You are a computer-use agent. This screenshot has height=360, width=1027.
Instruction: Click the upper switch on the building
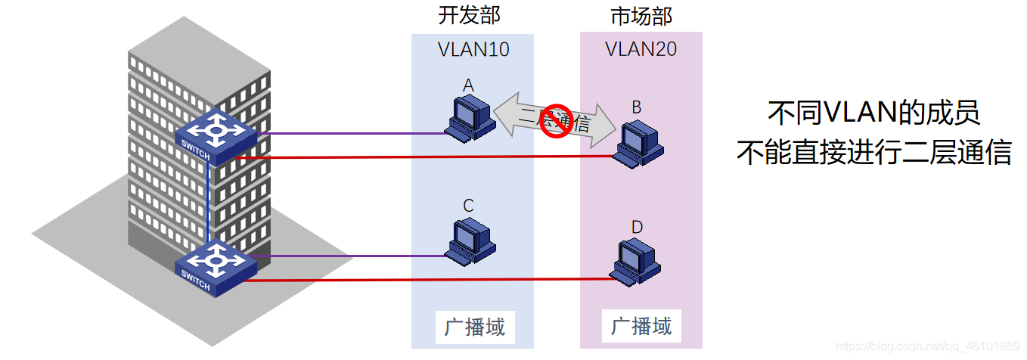tap(216, 135)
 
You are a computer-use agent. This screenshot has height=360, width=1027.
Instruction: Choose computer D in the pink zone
tap(637, 262)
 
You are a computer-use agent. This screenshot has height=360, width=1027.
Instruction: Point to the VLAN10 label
tap(473, 50)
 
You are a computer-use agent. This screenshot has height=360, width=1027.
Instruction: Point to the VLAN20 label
tap(641, 50)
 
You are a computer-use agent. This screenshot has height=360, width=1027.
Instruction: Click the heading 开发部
tap(470, 15)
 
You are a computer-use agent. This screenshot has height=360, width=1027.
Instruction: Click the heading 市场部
tap(641, 15)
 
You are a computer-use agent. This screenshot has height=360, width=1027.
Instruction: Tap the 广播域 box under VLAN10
tap(474, 327)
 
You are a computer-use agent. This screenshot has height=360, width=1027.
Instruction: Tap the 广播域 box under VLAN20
tap(641, 327)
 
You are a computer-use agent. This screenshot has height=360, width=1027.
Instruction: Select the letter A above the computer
tap(468, 86)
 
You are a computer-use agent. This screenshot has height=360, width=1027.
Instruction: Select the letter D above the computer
tap(637, 227)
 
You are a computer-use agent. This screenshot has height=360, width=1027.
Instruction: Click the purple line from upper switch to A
tap(348, 134)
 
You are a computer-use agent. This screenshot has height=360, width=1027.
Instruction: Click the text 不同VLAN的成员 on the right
tap(873, 113)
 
